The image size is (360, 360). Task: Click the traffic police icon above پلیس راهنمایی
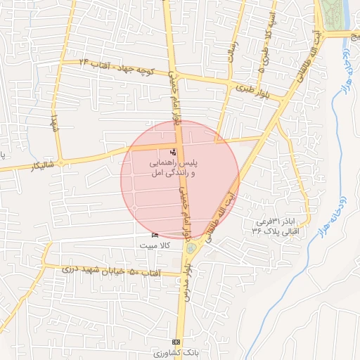(174, 152)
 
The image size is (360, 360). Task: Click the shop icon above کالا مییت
(155, 235)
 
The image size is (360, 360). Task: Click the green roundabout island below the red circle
(191, 247)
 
